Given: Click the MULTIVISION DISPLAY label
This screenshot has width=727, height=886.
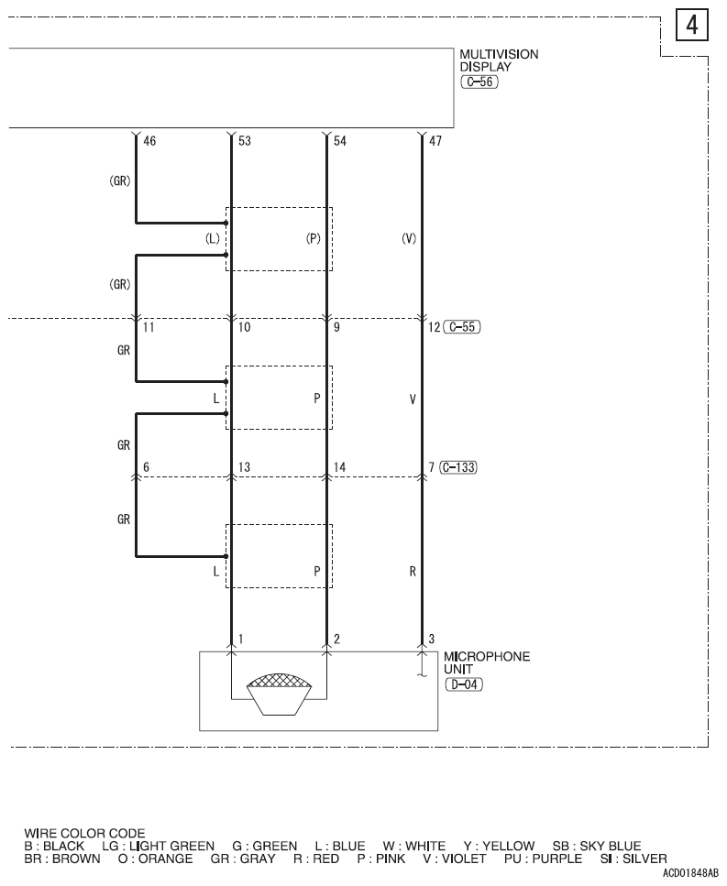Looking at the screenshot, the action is [499, 60].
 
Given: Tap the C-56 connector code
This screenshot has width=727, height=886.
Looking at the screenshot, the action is [479, 82].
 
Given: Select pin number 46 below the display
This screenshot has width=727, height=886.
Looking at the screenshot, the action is [149, 141].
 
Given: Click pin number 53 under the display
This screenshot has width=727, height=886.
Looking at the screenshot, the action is [244, 141].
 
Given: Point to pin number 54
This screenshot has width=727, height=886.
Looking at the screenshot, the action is [340, 141].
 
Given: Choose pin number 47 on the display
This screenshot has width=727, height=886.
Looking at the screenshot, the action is [435, 141].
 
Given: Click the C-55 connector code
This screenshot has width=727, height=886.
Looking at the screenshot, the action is [462, 327].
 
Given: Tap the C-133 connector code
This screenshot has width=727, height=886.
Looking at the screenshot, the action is [457, 467].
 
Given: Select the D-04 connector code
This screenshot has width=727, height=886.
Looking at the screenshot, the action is [464, 684].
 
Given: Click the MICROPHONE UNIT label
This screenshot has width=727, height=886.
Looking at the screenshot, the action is [487, 662].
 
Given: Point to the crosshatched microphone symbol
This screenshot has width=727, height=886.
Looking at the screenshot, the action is [279, 694].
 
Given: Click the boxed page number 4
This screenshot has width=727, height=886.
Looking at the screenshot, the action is [692, 26].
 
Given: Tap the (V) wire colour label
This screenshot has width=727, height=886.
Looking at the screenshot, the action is [409, 238].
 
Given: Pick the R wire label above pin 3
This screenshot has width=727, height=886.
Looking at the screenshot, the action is [413, 571].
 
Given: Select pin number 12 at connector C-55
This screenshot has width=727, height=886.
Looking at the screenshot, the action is [435, 327].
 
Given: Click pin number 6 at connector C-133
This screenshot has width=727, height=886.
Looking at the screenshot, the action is [147, 467].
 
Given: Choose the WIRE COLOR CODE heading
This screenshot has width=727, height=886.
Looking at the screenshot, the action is [84, 834].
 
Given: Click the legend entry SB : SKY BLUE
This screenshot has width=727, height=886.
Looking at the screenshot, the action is [597, 846].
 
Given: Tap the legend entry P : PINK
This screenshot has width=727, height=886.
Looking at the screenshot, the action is [381, 859].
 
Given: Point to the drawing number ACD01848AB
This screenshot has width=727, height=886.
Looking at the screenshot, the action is [691, 873].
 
